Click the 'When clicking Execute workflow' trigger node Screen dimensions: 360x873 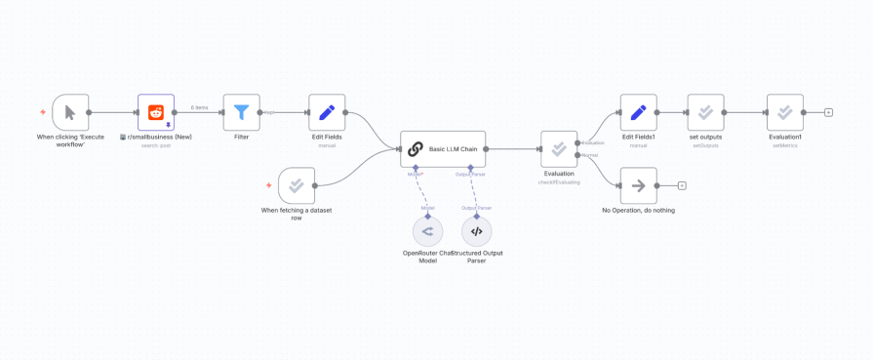tap(70, 112)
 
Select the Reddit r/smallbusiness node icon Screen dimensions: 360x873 tap(156, 112)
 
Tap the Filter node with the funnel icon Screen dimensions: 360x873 tap(241, 112)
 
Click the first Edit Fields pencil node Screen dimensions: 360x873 tap(327, 112)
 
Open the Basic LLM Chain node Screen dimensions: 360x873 tap(442, 149)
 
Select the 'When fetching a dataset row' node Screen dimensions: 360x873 tap(297, 185)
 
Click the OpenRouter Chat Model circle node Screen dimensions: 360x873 tap(427, 231)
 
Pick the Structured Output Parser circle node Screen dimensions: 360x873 tap(476, 231)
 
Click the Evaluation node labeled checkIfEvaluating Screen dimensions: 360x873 tap(559, 149)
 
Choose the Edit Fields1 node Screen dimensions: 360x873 tap(638, 112)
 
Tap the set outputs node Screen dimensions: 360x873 tap(705, 112)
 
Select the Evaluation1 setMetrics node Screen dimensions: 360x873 tap(785, 112)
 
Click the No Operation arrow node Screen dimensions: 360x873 tap(638, 185)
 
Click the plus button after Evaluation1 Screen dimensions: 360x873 tap(828, 112)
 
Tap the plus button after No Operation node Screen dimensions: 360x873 tap(682, 185)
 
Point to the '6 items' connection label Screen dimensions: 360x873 tap(199, 107)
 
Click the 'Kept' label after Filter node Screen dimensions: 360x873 tap(268, 112)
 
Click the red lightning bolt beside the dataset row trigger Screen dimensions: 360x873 tap(269, 185)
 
